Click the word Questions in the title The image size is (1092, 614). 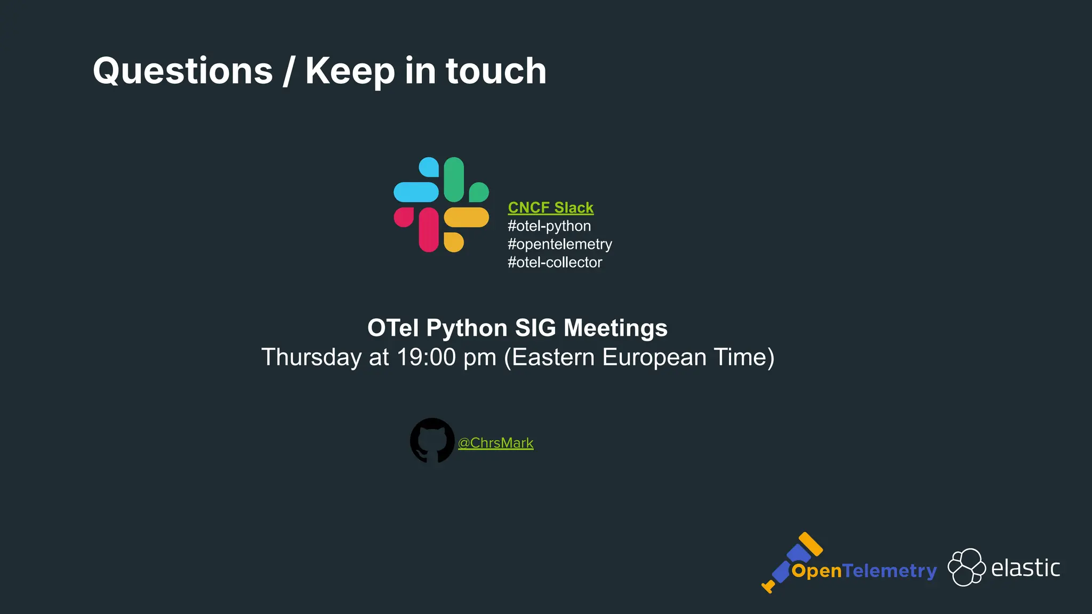(182, 71)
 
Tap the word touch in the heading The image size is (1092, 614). (496, 71)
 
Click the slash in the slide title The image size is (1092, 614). (288, 71)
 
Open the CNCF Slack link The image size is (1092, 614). (550, 207)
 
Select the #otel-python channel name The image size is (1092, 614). (549, 226)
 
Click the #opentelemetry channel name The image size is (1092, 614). (559, 244)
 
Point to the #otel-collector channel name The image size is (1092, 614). (555, 262)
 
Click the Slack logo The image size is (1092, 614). (441, 205)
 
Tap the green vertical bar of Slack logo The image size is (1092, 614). (454, 180)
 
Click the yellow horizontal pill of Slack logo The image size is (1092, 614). (466, 217)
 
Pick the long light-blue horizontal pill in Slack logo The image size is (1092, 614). (416, 192)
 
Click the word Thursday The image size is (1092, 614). (311, 357)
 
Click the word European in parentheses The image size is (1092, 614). (654, 357)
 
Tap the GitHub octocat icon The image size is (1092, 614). (432, 440)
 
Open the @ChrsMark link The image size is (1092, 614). (495, 443)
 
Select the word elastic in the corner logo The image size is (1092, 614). (1025, 568)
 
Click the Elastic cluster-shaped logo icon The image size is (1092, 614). (966, 567)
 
